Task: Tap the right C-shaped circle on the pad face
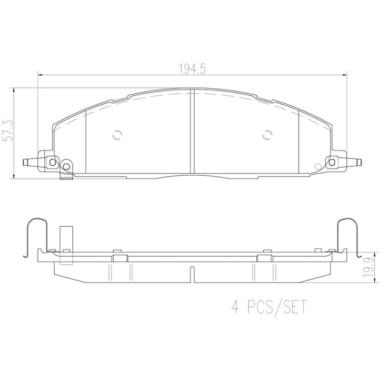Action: point(267,135)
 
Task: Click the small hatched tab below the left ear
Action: point(65,177)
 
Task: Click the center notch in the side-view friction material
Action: point(191,273)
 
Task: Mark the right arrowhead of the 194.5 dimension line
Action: point(345,75)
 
